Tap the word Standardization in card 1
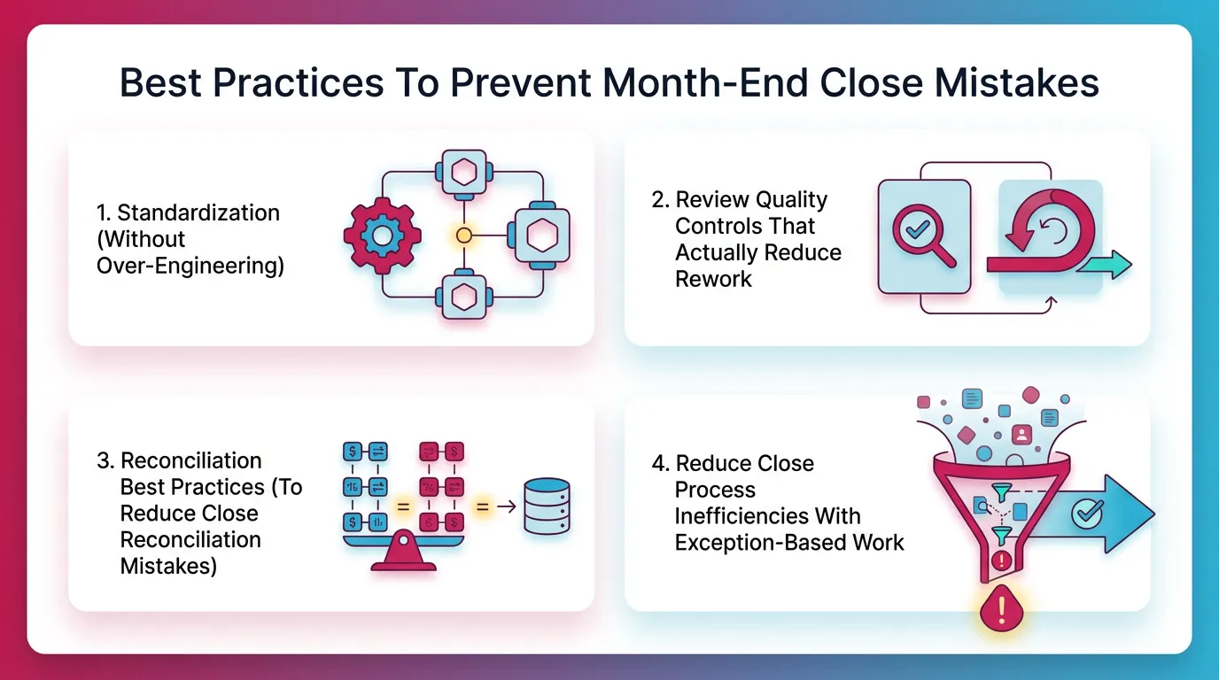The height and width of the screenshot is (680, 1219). [198, 212]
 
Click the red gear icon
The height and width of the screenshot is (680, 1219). [381, 236]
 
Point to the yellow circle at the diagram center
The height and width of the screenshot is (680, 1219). [462, 236]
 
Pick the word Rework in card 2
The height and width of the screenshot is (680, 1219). [713, 279]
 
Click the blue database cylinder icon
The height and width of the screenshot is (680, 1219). [546, 506]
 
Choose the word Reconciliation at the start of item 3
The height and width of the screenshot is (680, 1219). [191, 460]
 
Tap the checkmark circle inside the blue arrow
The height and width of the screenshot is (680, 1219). [1086, 513]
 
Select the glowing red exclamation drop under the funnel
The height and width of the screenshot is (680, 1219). [1002, 609]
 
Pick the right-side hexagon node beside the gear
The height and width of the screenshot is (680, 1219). [537, 236]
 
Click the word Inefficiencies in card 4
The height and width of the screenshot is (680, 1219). [767, 516]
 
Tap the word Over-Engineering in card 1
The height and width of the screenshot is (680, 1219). [190, 266]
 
